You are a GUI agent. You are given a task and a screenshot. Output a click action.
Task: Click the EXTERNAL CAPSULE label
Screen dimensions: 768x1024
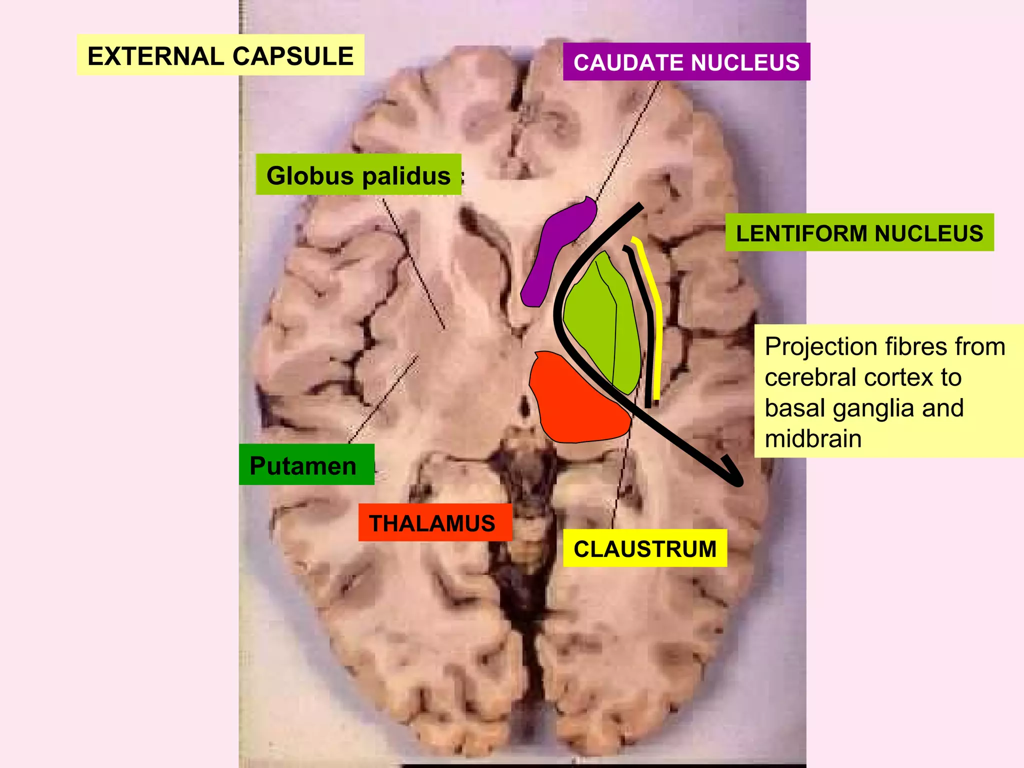click(x=220, y=55)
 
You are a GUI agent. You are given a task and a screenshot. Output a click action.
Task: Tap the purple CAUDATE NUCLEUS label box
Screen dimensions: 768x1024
click(x=686, y=62)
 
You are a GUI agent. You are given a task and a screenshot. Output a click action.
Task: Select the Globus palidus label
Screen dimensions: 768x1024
click(x=358, y=175)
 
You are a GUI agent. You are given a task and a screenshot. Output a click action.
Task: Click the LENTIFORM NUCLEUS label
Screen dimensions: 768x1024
click(x=859, y=233)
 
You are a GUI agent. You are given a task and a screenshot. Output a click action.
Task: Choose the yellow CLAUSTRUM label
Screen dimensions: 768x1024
click(x=644, y=548)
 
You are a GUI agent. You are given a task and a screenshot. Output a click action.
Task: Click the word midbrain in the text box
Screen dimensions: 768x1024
click(x=813, y=439)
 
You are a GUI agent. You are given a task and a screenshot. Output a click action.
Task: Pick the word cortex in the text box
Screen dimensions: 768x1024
click(x=880, y=377)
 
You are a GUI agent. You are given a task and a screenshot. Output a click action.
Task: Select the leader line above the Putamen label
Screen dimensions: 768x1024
click(x=382, y=400)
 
